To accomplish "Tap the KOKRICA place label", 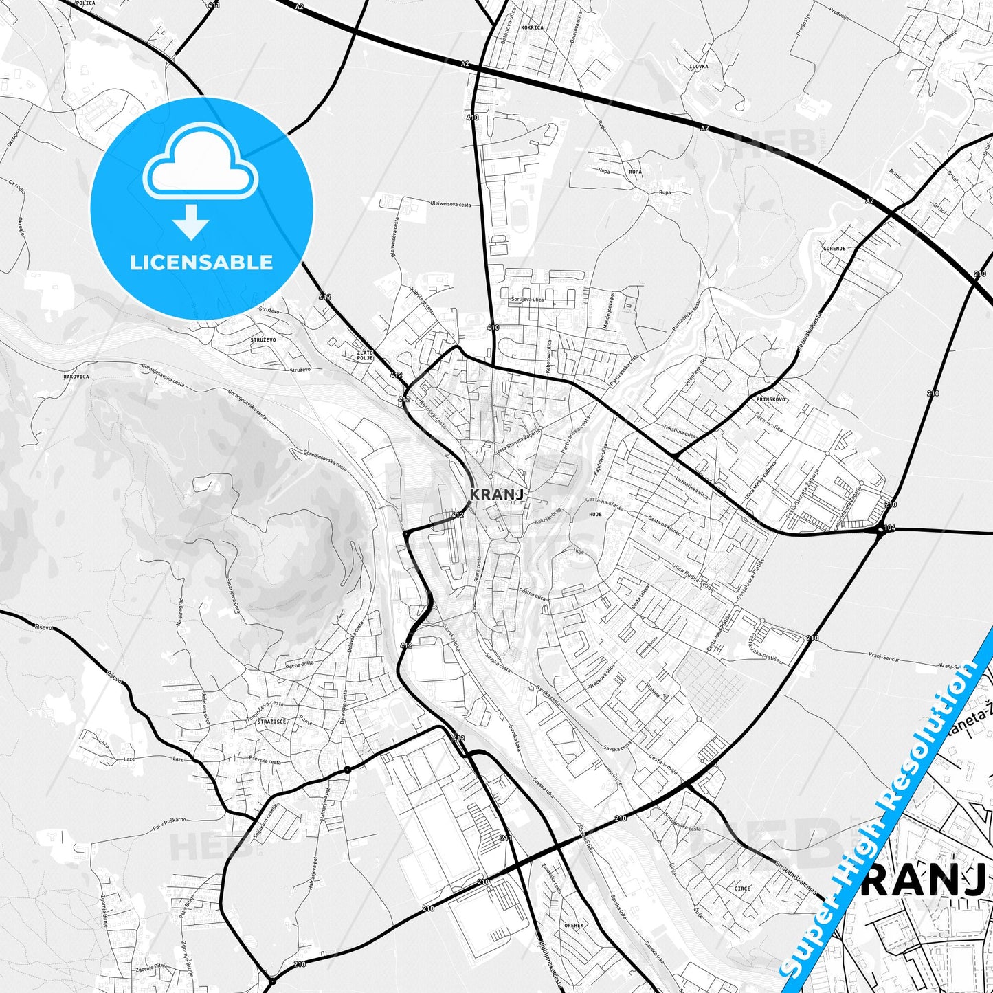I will tap(532, 28).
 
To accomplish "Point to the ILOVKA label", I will tap(698, 67).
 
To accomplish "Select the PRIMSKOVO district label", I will tap(770, 399).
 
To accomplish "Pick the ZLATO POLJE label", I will tap(365, 355).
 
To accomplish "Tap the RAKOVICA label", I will tap(76, 377).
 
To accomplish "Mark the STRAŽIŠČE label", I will tap(271, 722).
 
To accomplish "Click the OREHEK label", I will tap(574, 926).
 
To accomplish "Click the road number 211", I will tap(506, 838).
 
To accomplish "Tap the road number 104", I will tap(891, 528).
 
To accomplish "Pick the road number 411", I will tap(214, 5).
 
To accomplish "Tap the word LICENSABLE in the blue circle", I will tap(201, 262).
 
